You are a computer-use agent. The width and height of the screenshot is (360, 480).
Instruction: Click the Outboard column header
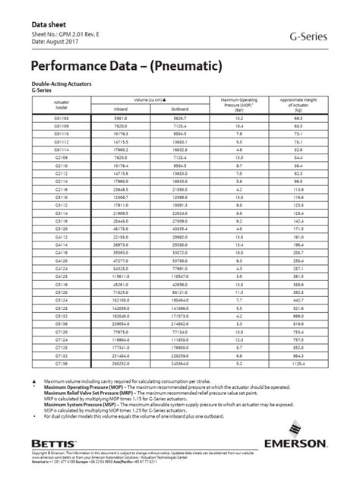[x=179, y=109]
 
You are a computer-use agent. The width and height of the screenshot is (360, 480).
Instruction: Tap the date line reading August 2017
[x=55, y=43]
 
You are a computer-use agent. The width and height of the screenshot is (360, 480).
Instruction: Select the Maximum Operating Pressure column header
[x=240, y=104]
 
